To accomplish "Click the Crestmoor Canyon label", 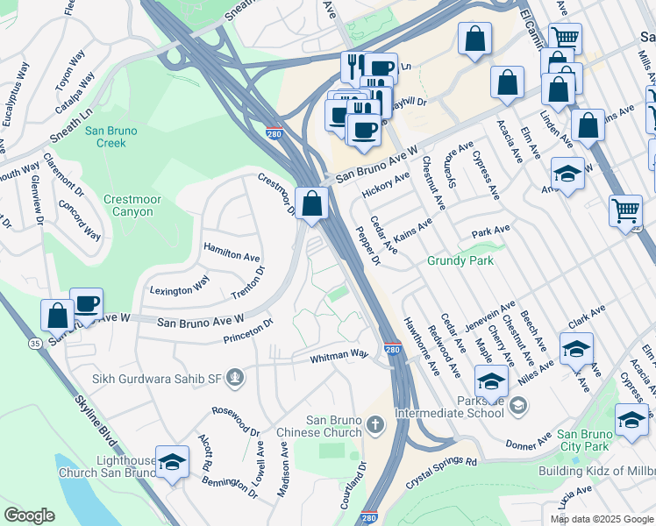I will click(133, 206).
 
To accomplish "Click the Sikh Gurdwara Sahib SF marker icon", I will click(234, 379).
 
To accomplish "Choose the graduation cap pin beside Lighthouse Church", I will click(173, 461).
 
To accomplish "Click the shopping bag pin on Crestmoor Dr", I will click(311, 203).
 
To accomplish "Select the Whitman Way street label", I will click(340, 356).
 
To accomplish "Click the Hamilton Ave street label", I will click(232, 255).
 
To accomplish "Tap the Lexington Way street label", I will click(180, 286).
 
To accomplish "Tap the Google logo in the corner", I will click(29, 515).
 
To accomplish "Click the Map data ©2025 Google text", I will click(601, 519).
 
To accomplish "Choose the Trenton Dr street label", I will click(247, 282).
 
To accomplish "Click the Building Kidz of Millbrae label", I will click(596, 472).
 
